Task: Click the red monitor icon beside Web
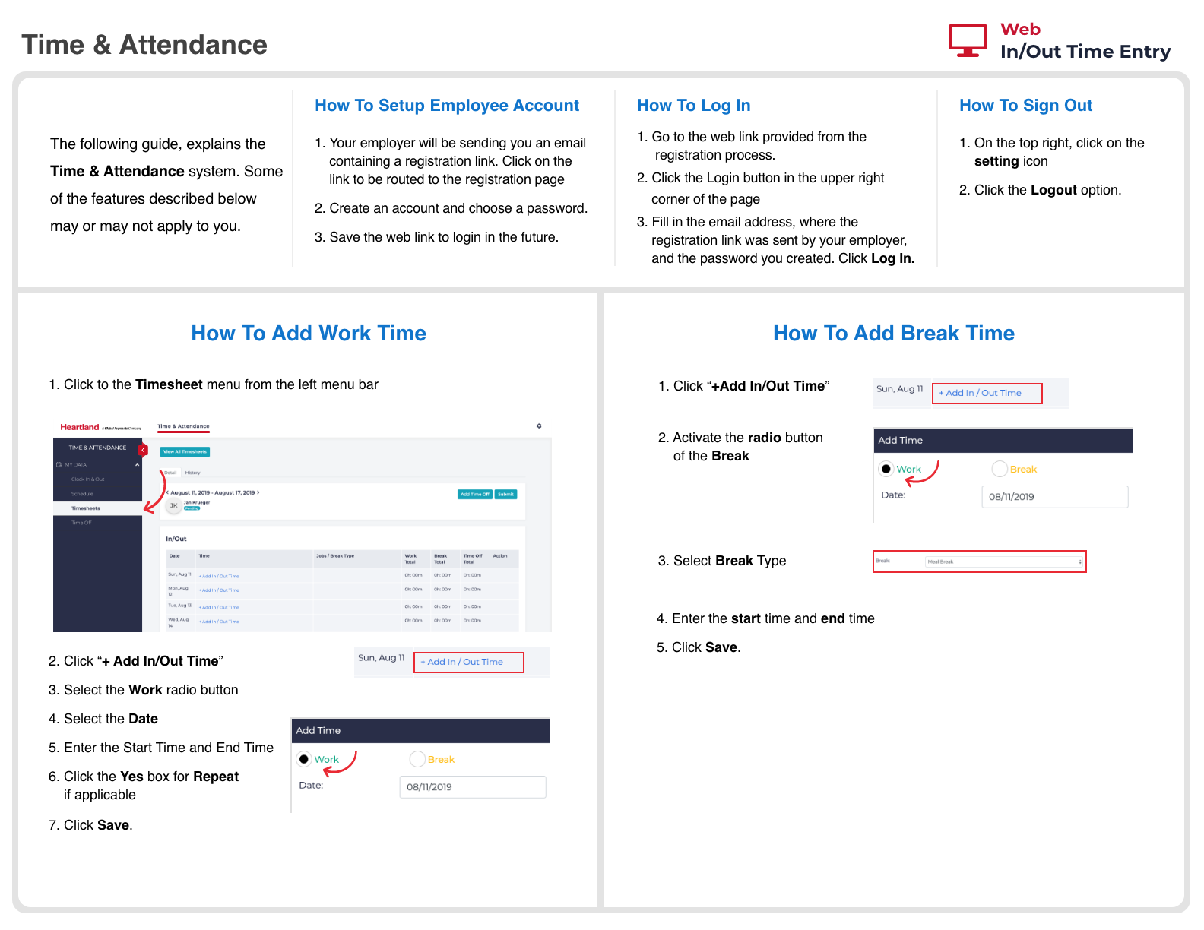pyautogui.click(x=968, y=40)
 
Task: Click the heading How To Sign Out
pyautogui.click(x=1025, y=106)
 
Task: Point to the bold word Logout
pyautogui.click(x=1053, y=190)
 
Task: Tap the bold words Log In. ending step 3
pyautogui.click(x=892, y=258)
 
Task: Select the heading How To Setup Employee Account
pyautogui.click(x=447, y=106)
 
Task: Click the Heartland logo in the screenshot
pyautogui.click(x=80, y=427)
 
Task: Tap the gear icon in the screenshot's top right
pyautogui.click(x=539, y=426)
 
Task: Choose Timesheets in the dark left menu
pyautogui.click(x=86, y=508)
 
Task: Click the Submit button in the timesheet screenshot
pyautogui.click(x=505, y=494)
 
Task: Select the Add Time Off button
pyautogui.click(x=475, y=494)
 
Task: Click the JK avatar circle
pyautogui.click(x=174, y=505)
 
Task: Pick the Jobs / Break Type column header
pyautogui.click(x=335, y=556)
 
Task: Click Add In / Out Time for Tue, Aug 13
pyautogui.click(x=220, y=607)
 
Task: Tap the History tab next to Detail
pyautogui.click(x=193, y=473)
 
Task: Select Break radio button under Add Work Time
pyautogui.click(x=417, y=759)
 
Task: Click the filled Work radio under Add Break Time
pyautogui.click(x=886, y=469)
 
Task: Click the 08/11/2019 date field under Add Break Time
pyautogui.click(x=1054, y=497)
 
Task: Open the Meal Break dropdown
pyautogui.click(x=1004, y=562)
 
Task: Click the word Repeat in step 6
pyautogui.click(x=216, y=777)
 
